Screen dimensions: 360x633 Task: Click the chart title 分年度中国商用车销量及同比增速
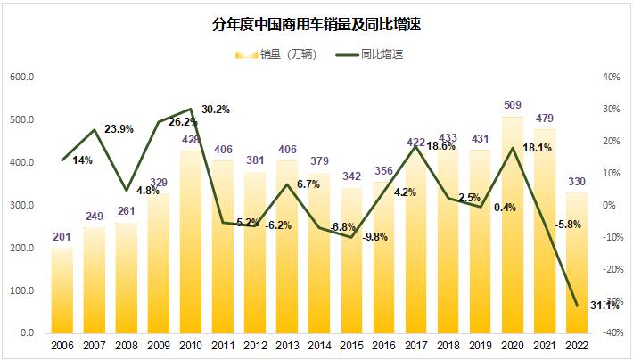click(316, 25)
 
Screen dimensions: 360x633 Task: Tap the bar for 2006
click(62, 290)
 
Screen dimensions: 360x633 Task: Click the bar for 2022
click(576, 263)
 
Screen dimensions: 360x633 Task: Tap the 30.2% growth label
click(215, 110)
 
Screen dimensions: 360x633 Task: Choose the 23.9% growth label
click(119, 129)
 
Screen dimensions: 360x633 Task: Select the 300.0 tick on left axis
click(21, 205)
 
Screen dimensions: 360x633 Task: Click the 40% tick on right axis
click(611, 77)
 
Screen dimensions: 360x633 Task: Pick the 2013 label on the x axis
click(287, 346)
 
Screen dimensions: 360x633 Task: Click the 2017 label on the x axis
click(415, 346)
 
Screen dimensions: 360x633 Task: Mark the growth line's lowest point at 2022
click(576, 305)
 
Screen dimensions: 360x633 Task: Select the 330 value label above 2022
click(576, 184)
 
